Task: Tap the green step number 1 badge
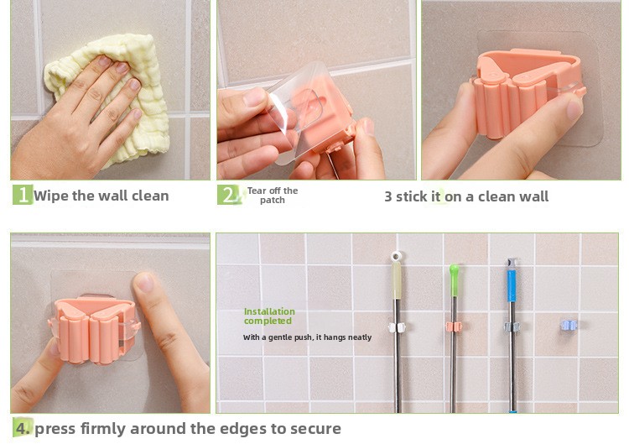coord(23,195)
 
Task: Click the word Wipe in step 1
coord(51,196)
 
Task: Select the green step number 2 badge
coord(228,195)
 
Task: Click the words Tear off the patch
coord(273,195)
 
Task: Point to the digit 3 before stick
coord(388,196)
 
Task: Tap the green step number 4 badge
coord(23,428)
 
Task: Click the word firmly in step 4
coord(102,429)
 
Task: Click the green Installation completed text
coord(269,316)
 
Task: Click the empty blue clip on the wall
coord(569,325)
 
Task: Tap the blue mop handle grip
coord(512,285)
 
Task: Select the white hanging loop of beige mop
coord(397,256)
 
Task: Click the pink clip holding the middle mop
coord(454,326)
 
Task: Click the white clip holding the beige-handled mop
coord(397,327)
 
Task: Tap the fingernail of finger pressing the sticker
coord(144,283)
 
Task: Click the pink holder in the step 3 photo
coord(526,92)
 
